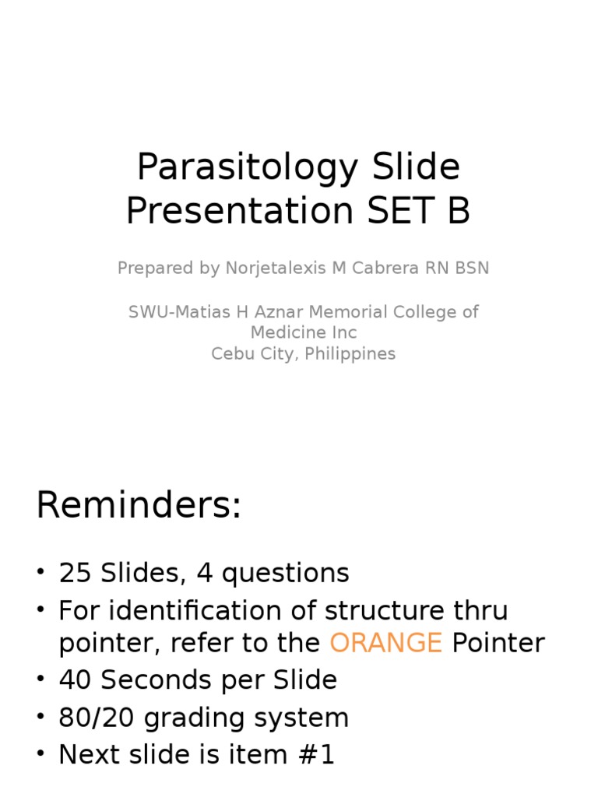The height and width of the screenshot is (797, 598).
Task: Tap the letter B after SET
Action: click(x=458, y=212)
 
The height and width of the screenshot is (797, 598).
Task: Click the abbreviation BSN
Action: click(x=472, y=269)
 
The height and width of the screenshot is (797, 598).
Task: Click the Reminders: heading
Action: click(x=139, y=507)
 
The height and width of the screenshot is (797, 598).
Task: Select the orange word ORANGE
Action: click(x=385, y=643)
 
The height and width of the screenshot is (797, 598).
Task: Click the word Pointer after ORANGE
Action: click(x=498, y=643)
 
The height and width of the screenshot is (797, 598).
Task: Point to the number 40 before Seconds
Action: click(x=76, y=680)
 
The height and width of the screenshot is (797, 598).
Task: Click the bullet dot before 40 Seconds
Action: click(x=40, y=680)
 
